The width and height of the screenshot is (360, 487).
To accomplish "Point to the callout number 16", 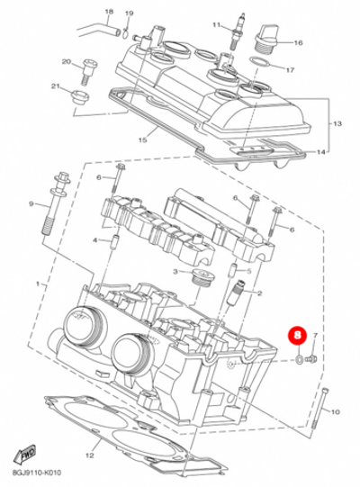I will (x=299, y=42).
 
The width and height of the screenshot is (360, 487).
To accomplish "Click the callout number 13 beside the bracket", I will (x=338, y=122).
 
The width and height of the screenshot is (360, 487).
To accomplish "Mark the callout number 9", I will (x=31, y=206).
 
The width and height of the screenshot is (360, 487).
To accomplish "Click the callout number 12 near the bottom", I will (x=89, y=456).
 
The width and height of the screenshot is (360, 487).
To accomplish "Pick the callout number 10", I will (x=337, y=411).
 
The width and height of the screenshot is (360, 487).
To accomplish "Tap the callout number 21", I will (x=56, y=86).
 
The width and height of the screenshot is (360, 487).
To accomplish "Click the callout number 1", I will (x=38, y=284).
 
